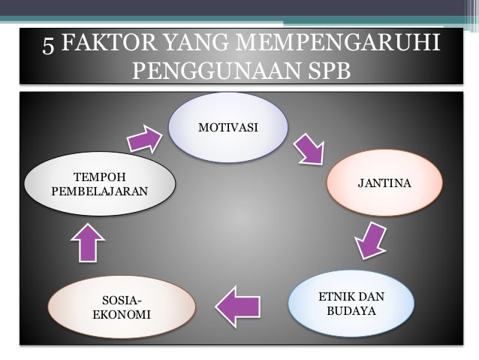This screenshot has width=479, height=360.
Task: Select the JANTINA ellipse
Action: pyautogui.click(x=383, y=183)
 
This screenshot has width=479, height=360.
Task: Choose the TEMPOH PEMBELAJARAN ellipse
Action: pyautogui.click(x=99, y=184)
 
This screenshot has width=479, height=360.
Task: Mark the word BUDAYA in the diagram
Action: pyautogui.click(x=351, y=310)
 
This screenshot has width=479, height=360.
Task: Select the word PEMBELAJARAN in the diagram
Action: pyautogui.click(x=99, y=191)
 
